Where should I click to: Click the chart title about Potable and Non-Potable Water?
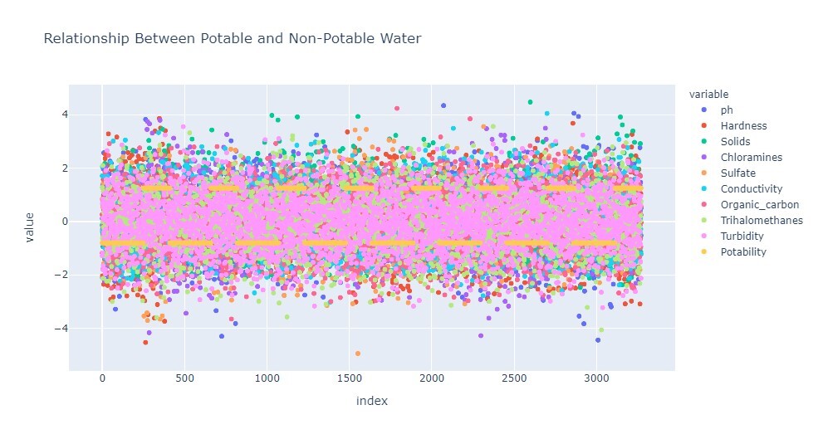(x=232, y=38)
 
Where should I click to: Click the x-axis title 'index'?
(x=371, y=401)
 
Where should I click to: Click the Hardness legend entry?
(x=743, y=126)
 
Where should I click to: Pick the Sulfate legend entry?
(x=737, y=173)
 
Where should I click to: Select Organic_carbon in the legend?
(x=753, y=204)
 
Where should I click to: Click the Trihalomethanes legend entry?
(x=760, y=220)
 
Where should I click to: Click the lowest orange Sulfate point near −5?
(x=358, y=354)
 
